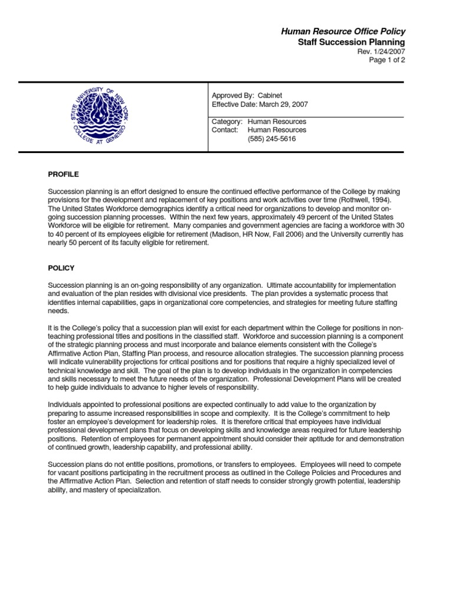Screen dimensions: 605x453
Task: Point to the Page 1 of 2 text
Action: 386,60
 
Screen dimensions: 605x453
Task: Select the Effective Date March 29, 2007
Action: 260,105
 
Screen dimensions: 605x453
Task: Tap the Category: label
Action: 227,122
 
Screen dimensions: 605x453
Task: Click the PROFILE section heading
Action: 63,174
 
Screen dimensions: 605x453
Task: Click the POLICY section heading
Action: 61,268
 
